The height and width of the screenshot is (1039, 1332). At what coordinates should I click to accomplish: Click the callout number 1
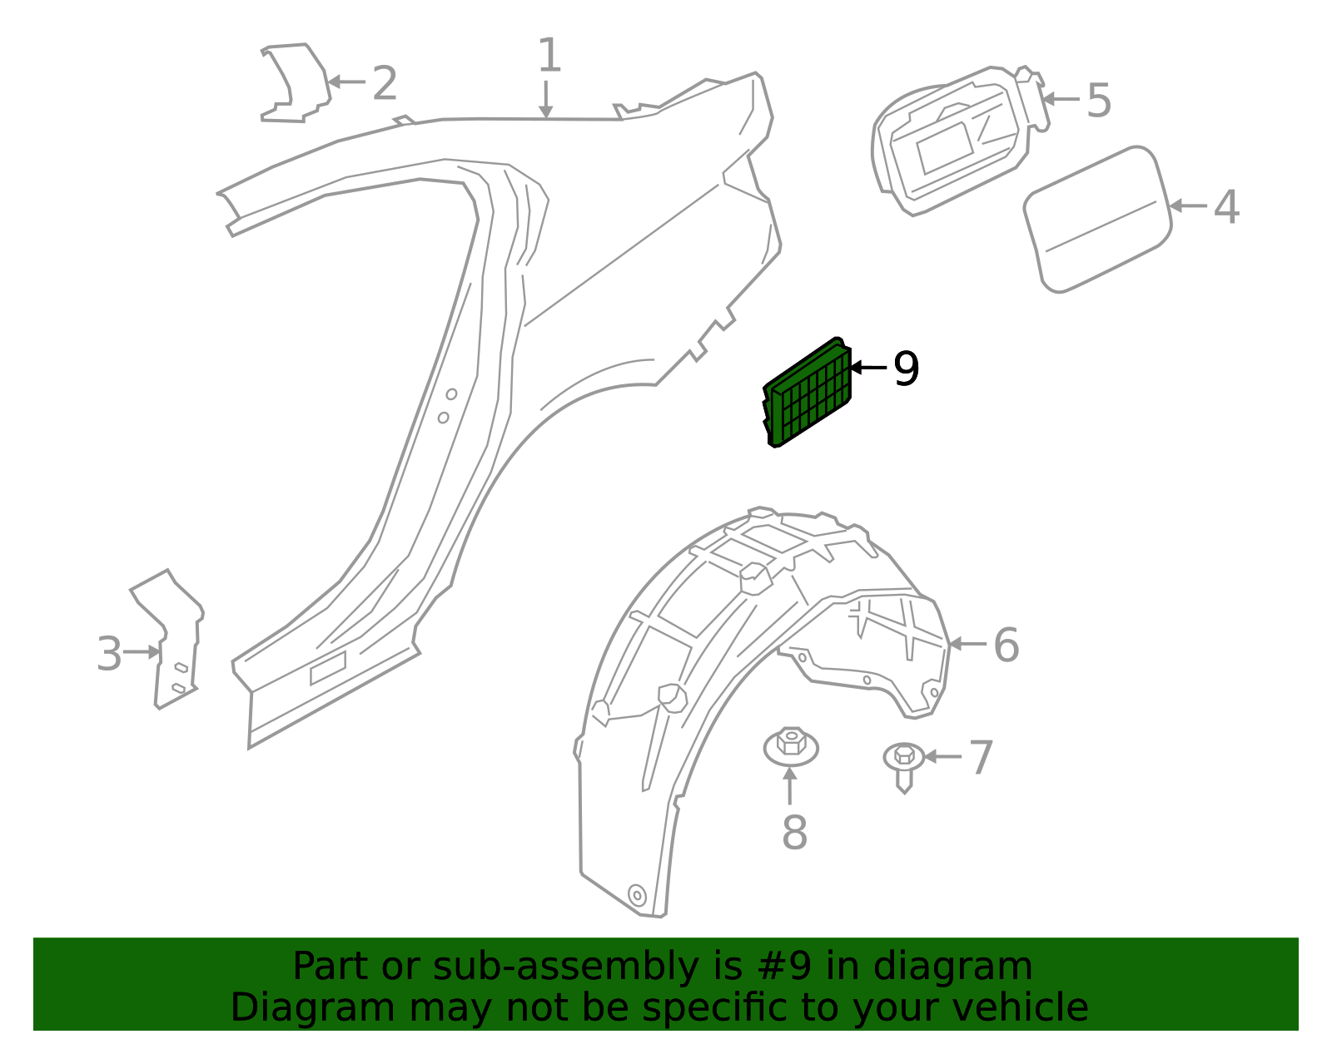tap(549, 57)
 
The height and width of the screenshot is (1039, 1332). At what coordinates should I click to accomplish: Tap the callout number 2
tap(384, 84)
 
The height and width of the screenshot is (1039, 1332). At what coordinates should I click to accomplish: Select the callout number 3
tap(109, 654)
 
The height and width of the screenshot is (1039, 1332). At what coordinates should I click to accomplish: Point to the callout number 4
tap(1225, 206)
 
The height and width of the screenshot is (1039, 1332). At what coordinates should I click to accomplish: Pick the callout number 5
tap(1099, 101)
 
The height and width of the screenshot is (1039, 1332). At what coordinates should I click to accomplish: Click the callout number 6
tap(1006, 646)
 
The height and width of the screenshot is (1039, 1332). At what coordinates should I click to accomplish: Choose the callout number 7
tap(982, 758)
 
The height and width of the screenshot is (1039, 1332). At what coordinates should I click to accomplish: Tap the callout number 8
tap(794, 832)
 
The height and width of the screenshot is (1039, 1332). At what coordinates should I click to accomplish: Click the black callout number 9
tap(906, 369)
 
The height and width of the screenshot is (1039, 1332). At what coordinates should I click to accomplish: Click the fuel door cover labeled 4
tap(1097, 219)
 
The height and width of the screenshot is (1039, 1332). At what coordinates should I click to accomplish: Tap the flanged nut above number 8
tap(791, 745)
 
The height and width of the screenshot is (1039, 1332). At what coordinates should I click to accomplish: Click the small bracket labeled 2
tap(296, 83)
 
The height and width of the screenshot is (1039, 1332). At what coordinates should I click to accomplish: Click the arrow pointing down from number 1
tap(545, 100)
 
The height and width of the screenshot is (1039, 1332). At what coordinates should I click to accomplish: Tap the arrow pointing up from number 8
tap(790, 785)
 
